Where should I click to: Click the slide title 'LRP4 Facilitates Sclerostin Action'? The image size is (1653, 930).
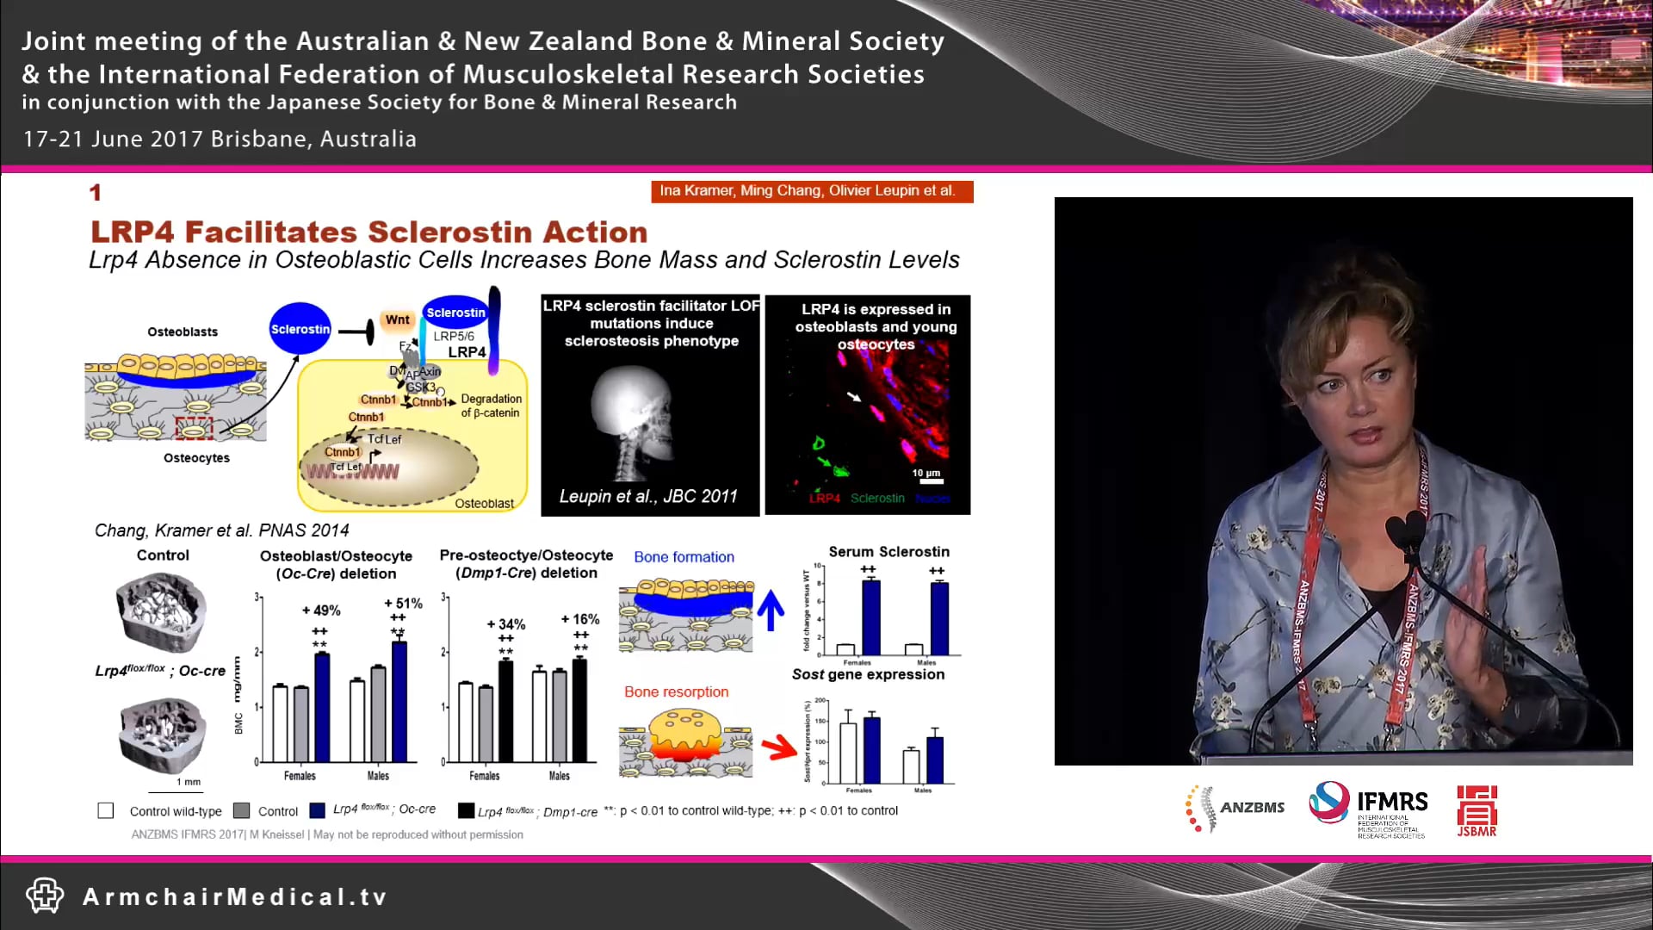click(368, 232)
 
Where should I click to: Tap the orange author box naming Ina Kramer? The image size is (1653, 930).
click(811, 191)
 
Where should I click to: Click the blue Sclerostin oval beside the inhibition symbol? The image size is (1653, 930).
click(300, 329)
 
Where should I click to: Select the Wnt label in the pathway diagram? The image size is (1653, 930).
click(397, 319)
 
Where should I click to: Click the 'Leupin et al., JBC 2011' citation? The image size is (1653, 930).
click(648, 497)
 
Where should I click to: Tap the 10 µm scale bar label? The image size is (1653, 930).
click(926, 473)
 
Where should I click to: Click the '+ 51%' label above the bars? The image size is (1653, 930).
click(403, 604)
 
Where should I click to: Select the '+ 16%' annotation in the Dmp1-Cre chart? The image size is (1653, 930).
click(580, 619)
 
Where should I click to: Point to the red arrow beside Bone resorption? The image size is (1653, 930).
click(779, 747)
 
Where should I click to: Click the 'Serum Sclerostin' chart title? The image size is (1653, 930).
click(888, 552)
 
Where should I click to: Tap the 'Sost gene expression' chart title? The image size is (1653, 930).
click(868, 674)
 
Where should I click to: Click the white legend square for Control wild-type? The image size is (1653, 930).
click(106, 810)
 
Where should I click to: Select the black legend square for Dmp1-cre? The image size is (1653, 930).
click(466, 810)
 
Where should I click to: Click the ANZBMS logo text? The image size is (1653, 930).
click(1252, 808)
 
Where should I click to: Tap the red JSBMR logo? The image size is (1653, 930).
click(1477, 810)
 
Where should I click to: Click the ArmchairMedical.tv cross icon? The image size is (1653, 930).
click(45, 896)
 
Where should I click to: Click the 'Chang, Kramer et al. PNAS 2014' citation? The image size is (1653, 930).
click(222, 530)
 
